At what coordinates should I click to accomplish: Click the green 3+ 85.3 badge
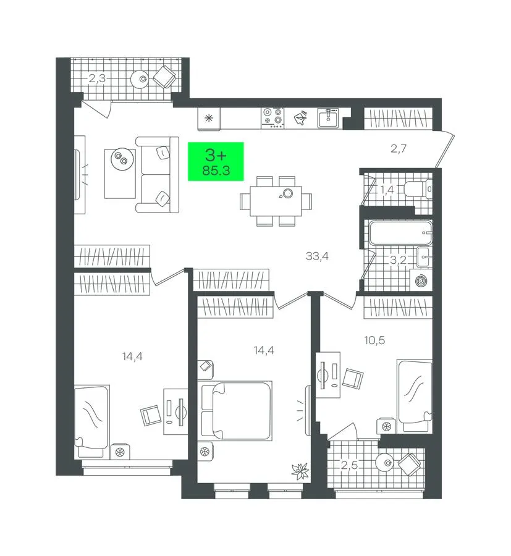pyautogui.click(x=216, y=161)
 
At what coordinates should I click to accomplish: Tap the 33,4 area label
pyautogui.click(x=317, y=256)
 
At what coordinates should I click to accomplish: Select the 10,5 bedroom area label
pyautogui.click(x=374, y=340)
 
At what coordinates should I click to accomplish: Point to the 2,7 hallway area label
pyautogui.click(x=398, y=148)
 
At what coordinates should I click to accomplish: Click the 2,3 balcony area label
pyautogui.click(x=97, y=78)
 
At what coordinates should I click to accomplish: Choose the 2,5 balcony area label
pyautogui.click(x=349, y=465)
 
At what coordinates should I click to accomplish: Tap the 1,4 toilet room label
pyautogui.click(x=387, y=190)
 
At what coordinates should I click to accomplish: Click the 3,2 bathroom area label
pyautogui.click(x=398, y=260)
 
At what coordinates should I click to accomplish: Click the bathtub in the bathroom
pyautogui.click(x=400, y=233)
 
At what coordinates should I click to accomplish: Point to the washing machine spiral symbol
pyautogui.click(x=421, y=281)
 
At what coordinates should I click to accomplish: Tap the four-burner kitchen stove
pyautogui.click(x=272, y=118)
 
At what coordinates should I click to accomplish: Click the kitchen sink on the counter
pyautogui.click(x=328, y=118)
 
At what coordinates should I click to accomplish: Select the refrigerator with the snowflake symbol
pyautogui.click(x=209, y=119)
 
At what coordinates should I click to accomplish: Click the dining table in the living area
pyautogui.click(x=276, y=201)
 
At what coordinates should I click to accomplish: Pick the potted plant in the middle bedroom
pyautogui.click(x=300, y=471)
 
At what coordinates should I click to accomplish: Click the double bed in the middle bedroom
pyautogui.click(x=235, y=411)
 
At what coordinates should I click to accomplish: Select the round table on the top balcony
pyautogui.click(x=142, y=79)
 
